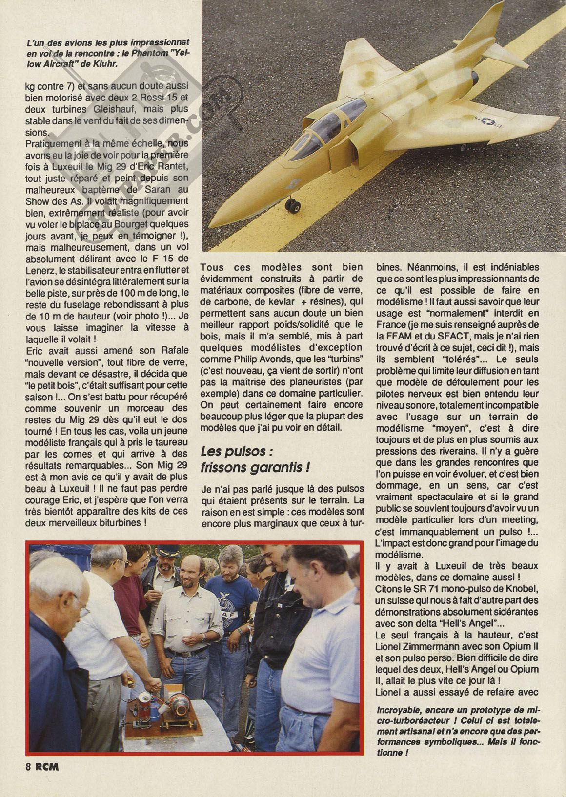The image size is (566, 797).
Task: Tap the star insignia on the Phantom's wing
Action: click(488, 119)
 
